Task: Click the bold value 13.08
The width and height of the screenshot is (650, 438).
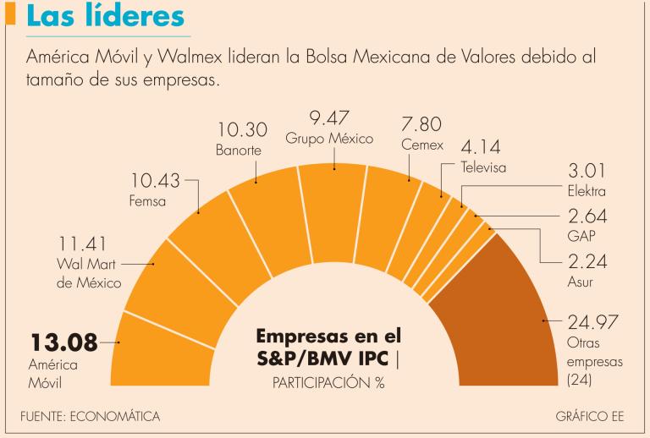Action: [x=63, y=343]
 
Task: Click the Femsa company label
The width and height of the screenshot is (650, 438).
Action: [x=147, y=202]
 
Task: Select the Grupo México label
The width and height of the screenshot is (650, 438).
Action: [x=329, y=139]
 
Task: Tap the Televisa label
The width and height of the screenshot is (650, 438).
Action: [x=483, y=167]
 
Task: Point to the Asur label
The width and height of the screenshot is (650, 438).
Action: [x=580, y=280]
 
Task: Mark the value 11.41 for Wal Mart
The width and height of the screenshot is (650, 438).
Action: [x=84, y=246]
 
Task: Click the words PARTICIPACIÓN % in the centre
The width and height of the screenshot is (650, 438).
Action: [x=328, y=382]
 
